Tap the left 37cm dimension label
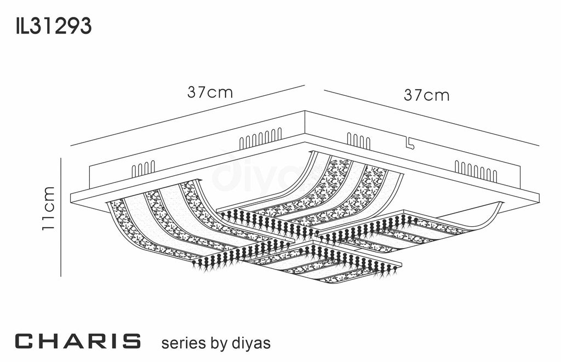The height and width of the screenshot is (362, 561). point(210,93)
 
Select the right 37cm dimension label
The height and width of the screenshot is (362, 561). point(427,95)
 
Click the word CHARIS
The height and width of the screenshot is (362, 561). point(78,341)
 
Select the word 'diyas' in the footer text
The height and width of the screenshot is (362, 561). point(250,343)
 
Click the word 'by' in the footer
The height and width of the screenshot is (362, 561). point(218,344)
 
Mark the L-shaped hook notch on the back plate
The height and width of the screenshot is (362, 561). point(408,143)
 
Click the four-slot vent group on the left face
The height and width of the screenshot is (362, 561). point(144,169)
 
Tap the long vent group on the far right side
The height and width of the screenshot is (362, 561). point(476,171)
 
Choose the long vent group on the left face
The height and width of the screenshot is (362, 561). point(260,139)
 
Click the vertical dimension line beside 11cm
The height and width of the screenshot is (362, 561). point(61,216)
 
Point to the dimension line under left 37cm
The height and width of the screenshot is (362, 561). point(187,116)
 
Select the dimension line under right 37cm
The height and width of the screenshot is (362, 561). point(431,118)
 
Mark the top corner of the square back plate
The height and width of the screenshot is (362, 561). point(305,112)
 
